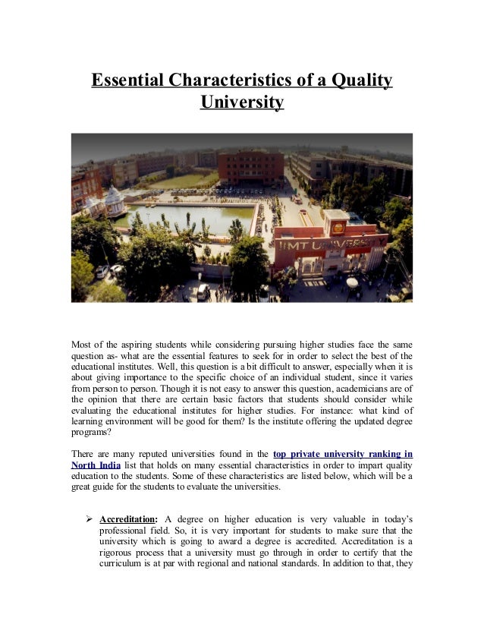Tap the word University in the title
tap(242, 101)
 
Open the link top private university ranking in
tap(343, 453)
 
